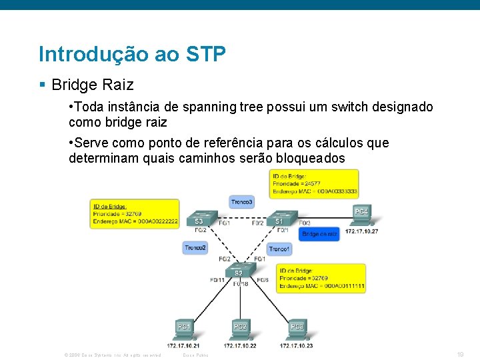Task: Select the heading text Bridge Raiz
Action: tap(92, 85)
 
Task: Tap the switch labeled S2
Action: tap(238, 271)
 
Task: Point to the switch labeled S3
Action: tap(199, 219)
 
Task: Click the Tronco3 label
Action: tap(241, 201)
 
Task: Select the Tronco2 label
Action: tap(195, 247)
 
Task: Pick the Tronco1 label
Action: tap(279, 249)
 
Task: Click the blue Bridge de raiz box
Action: tap(319, 234)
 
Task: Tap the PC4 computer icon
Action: tap(361, 213)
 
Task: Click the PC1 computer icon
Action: tap(184, 328)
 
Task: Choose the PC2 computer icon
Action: tap(240, 328)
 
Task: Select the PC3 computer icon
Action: tap(297, 328)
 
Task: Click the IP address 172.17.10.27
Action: tap(361, 231)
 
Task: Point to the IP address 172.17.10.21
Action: tap(184, 345)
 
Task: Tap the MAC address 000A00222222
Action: tap(153, 221)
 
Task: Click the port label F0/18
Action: tap(241, 284)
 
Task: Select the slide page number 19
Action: tap(460, 355)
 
